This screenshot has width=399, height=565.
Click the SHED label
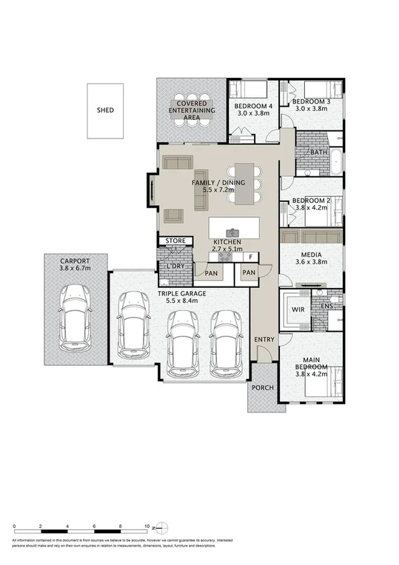click(x=105, y=110)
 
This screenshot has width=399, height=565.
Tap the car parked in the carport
click(x=76, y=318)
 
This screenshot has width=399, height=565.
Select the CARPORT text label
click(x=76, y=261)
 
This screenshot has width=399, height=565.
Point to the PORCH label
click(x=262, y=387)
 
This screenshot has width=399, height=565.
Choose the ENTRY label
click(x=264, y=339)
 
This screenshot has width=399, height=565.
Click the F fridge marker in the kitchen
click(x=251, y=257)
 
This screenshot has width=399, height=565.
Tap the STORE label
click(x=175, y=241)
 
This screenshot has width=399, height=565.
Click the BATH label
click(x=319, y=152)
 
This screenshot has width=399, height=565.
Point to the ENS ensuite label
click(x=327, y=304)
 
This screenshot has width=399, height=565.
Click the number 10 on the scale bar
click(x=147, y=526)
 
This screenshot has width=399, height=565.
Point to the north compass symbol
click(x=162, y=527)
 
